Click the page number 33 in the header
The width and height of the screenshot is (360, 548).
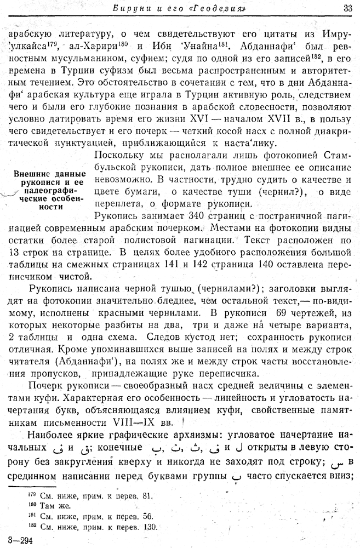click(x=347, y=8)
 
